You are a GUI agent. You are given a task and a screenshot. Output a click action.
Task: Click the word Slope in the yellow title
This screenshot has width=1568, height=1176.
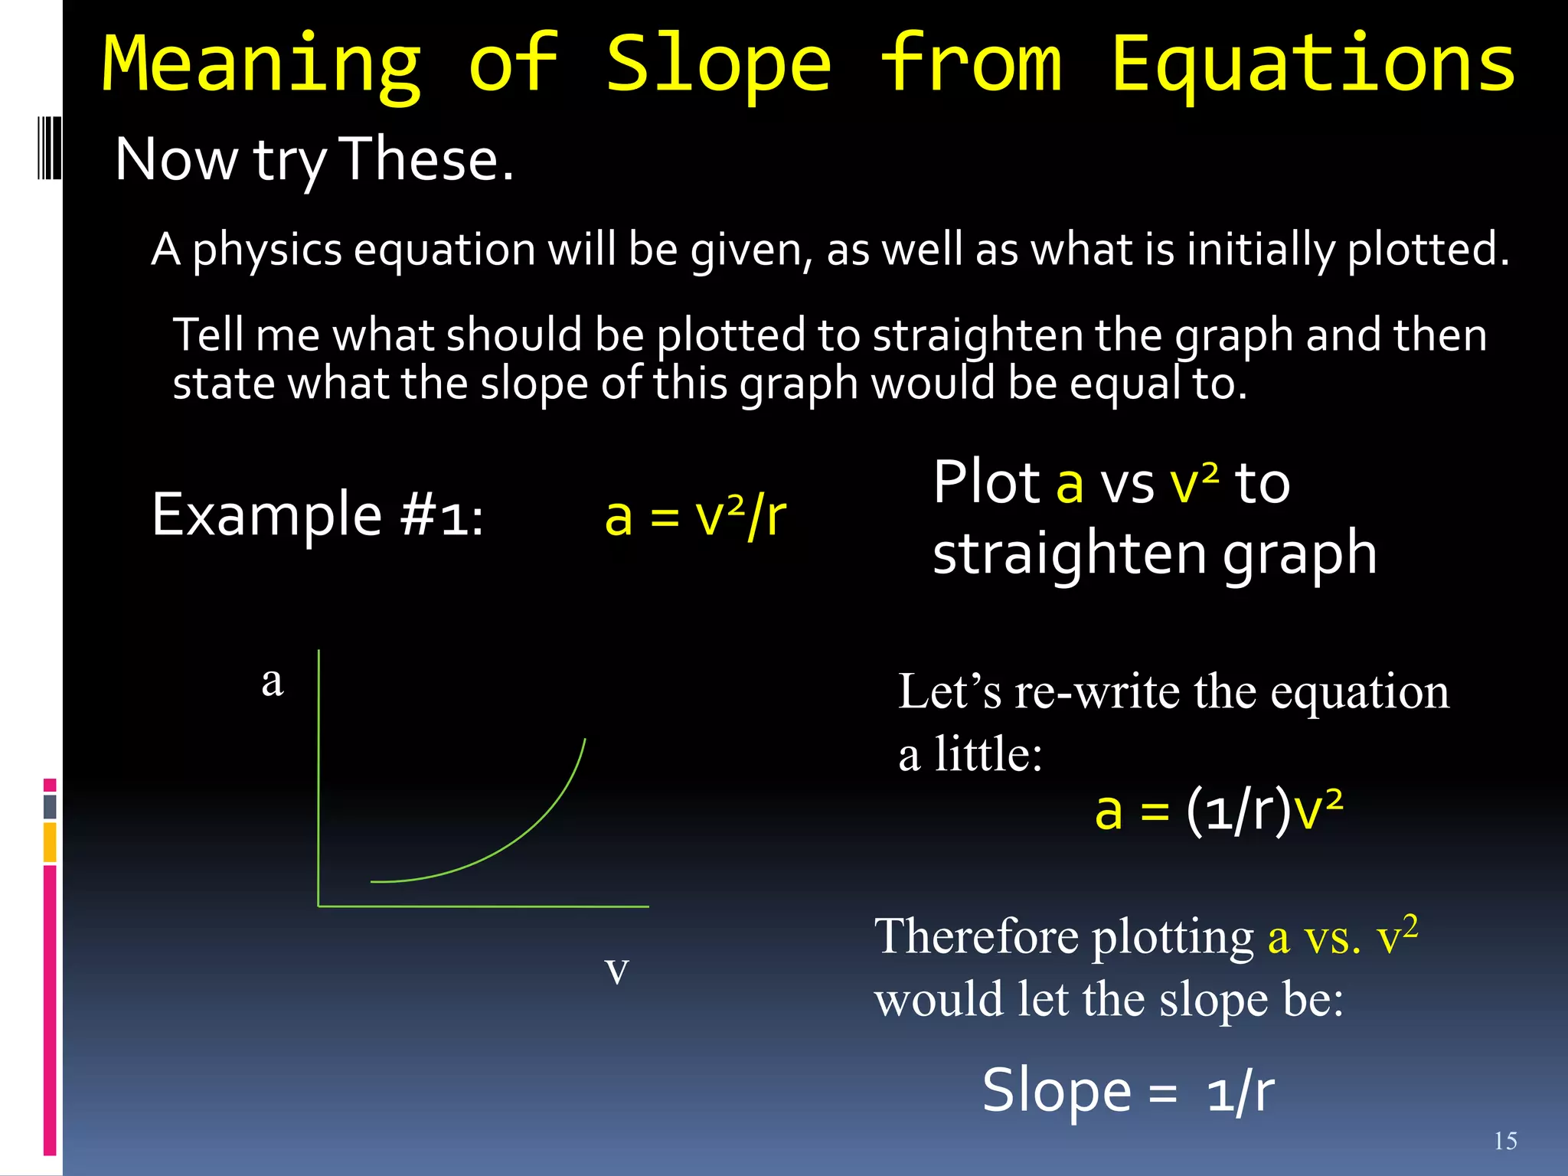coord(717,64)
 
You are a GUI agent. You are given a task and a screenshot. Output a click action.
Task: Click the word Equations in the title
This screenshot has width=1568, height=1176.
coord(1312,64)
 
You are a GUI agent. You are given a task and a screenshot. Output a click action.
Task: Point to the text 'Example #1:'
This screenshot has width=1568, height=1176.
coord(317,514)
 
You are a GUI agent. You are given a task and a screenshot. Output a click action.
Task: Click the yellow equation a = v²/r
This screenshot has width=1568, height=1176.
coord(694,516)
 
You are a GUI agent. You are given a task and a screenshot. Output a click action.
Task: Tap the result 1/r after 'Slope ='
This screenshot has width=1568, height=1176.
coord(1240,1092)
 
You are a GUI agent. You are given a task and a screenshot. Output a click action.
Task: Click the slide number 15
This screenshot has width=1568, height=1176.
coord(1505,1142)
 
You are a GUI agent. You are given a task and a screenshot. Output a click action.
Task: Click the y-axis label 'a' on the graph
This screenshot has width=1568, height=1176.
coord(273,681)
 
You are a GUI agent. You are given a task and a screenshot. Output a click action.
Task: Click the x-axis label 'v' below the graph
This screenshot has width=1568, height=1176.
coord(616,970)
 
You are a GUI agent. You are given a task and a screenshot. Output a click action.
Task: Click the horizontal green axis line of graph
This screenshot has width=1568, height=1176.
coord(482,906)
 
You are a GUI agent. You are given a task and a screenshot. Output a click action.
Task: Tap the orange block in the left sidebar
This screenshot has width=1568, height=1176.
coord(50,842)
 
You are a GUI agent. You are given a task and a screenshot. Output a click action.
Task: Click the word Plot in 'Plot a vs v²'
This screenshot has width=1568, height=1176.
coord(985,483)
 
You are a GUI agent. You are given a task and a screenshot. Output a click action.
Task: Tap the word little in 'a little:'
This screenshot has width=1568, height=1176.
coord(988,754)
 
